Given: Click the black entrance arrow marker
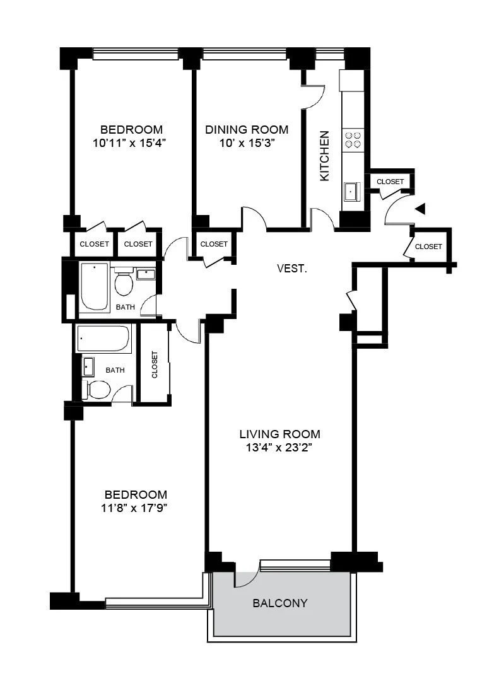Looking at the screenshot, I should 420,209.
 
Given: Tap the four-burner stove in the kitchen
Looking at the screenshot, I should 351,139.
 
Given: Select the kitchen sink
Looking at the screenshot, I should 350,190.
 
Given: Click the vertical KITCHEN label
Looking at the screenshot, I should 325,156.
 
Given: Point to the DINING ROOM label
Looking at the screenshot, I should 247,130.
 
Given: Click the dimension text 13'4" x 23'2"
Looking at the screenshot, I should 279,448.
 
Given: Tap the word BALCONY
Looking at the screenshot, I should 280,603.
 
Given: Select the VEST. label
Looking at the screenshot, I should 292,269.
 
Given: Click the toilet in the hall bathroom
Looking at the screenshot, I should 124,282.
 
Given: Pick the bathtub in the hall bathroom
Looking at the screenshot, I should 94,287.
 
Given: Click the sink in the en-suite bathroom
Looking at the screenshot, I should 88,366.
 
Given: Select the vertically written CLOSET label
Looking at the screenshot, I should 155,364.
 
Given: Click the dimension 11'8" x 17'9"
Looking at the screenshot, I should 136,508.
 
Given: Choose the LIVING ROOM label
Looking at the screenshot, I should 279,434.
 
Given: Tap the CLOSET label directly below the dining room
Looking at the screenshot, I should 214,244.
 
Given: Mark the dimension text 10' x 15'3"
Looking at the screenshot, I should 247,143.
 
